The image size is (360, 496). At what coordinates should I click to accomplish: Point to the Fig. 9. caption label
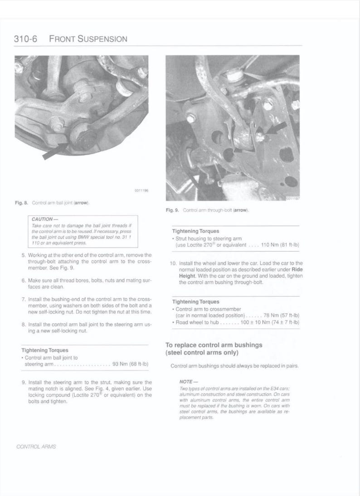(172, 211)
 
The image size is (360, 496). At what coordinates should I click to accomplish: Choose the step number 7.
(23, 300)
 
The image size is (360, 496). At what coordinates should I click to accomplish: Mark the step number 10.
(173, 263)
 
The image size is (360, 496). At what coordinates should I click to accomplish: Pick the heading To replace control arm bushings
(214, 345)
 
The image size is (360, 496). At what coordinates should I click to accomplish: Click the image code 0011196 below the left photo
(142, 191)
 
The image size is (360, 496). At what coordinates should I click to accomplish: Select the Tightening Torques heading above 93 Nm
(45, 350)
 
